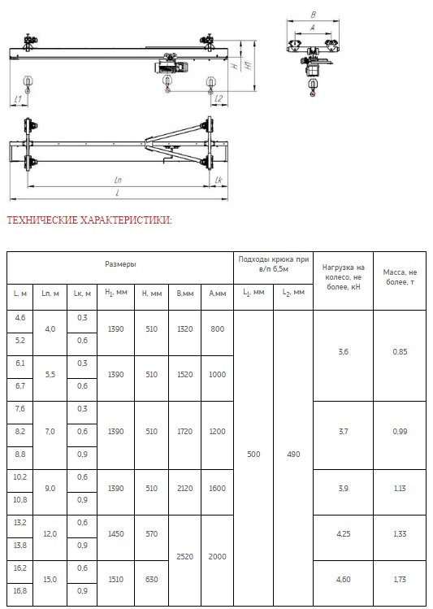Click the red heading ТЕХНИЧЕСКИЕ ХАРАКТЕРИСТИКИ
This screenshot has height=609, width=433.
(89, 220)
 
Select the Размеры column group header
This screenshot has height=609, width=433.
(120, 264)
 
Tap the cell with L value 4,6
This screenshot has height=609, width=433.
(20, 318)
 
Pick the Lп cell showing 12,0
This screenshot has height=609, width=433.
(50, 534)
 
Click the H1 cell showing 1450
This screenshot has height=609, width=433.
(115, 534)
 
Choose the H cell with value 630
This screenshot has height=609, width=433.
(151, 580)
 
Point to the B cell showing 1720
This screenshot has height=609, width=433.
(184, 432)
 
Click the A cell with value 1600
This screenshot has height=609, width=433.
(217, 489)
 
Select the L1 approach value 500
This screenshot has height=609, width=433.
(253, 455)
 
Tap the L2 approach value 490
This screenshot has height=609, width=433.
(293, 455)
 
